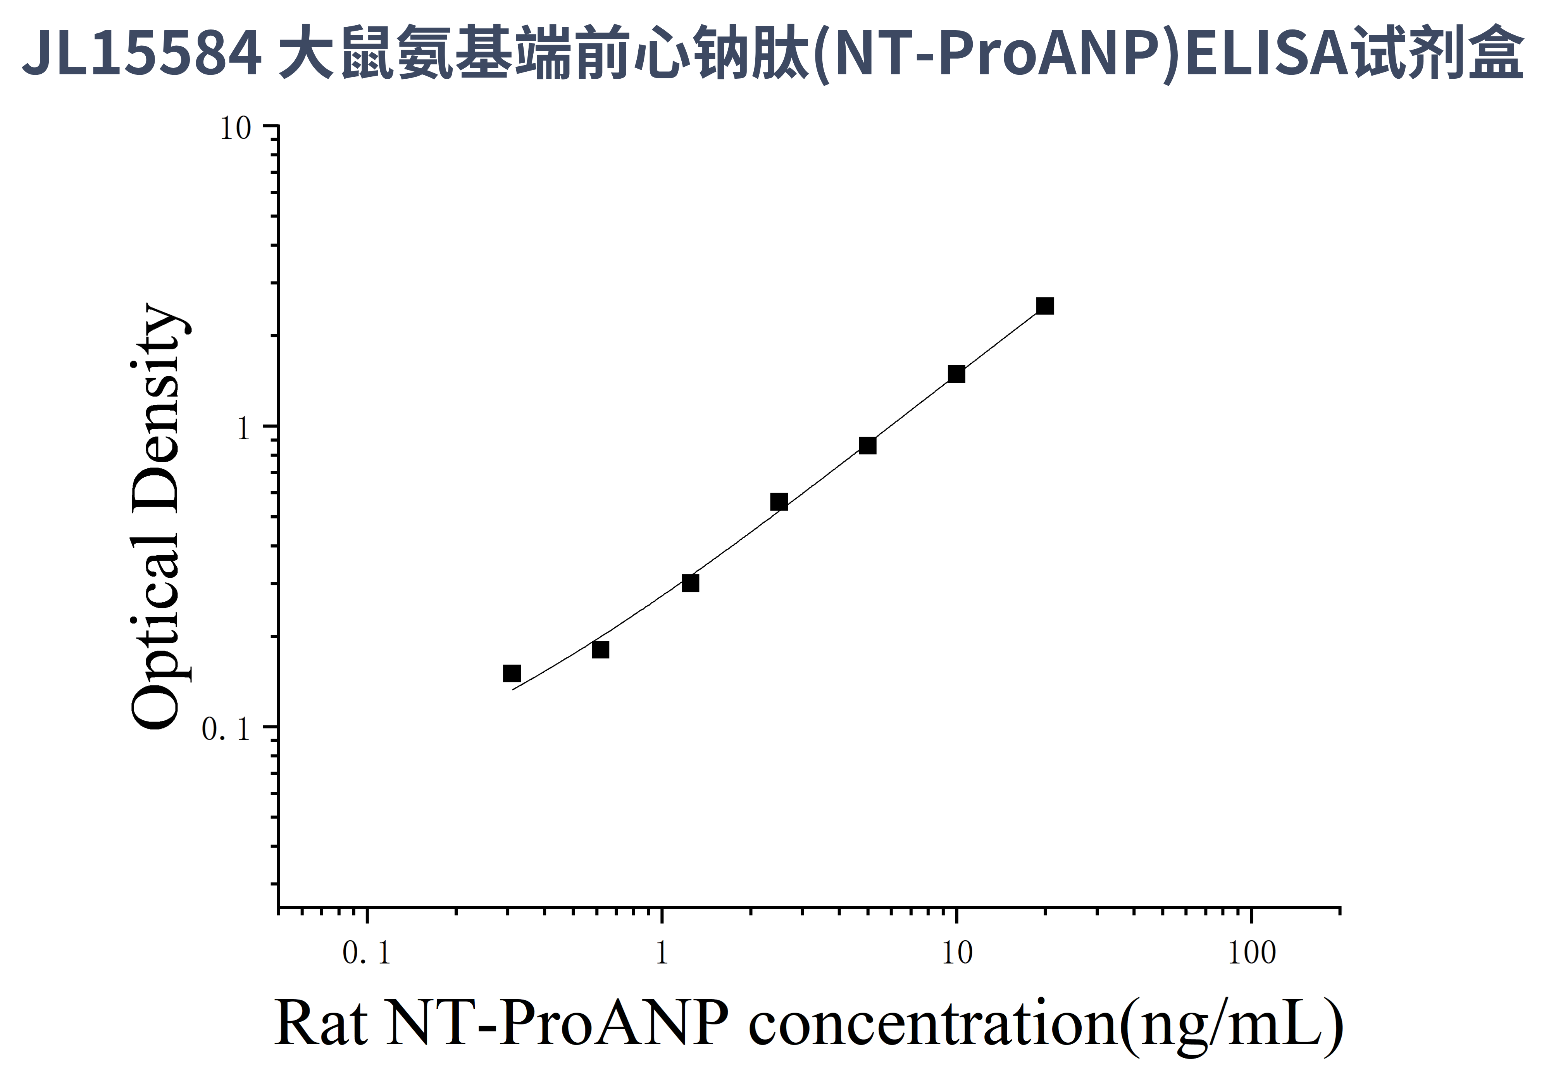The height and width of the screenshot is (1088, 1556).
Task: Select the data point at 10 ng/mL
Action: (956, 374)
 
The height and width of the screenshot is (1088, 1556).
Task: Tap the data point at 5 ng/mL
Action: (867, 446)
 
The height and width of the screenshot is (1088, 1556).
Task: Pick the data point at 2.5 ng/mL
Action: (779, 502)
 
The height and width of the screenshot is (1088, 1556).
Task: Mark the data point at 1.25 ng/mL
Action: (690, 583)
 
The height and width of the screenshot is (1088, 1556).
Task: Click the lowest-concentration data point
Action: (512, 673)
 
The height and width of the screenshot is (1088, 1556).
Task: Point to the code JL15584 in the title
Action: (142, 53)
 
